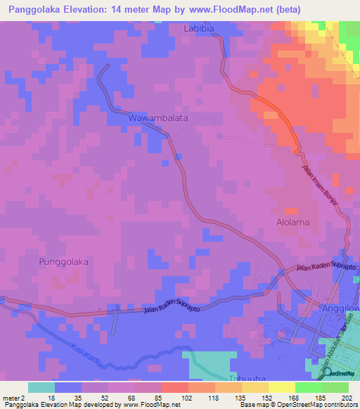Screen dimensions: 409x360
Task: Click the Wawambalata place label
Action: [x=158, y=118]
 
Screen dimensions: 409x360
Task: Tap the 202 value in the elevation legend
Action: [x=347, y=397]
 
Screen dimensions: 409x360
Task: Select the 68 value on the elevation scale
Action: [x=132, y=397]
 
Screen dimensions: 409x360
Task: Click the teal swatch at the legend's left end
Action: [x=41, y=387]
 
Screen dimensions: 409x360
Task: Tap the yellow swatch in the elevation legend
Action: [x=281, y=387]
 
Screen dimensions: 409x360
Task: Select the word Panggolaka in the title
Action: [x=35, y=10]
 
